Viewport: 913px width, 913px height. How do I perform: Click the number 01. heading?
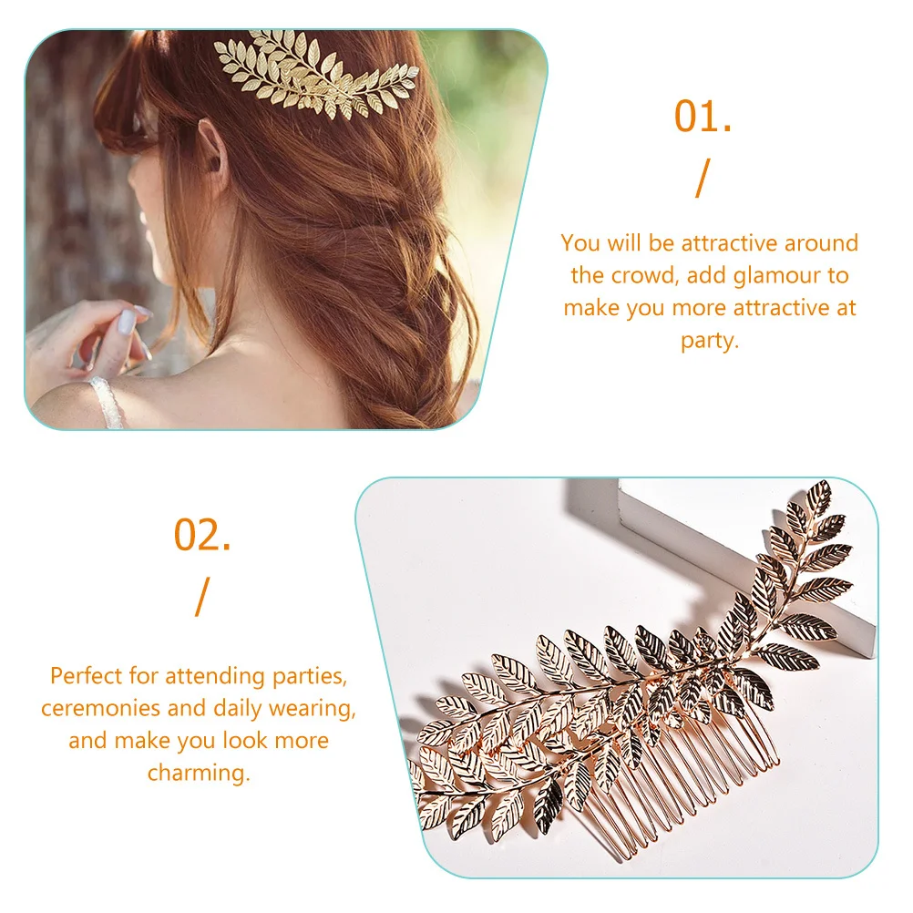[703, 118]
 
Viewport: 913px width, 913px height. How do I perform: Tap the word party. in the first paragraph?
[710, 341]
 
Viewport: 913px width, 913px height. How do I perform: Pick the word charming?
[198, 773]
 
